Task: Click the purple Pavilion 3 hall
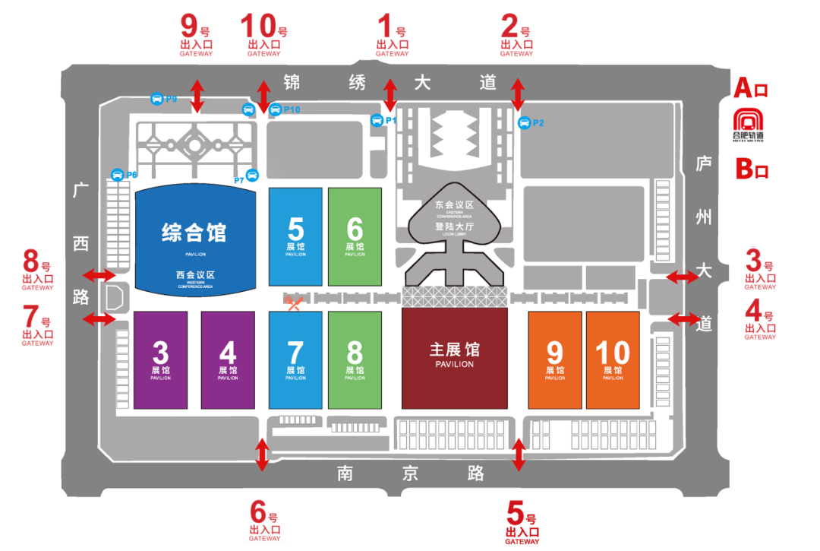click(x=160, y=359)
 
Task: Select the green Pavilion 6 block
click(x=355, y=235)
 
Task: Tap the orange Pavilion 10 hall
click(x=613, y=359)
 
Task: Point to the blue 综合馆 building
click(x=195, y=239)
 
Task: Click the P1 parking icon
click(x=377, y=120)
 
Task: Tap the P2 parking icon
click(x=523, y=122)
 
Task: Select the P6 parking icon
click(x=118, y=175)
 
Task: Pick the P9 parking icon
click(x=156, y=99)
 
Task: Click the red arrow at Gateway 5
click(x=519, y=455)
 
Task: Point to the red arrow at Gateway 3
click(x=683, y=277)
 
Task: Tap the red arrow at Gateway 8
click(x=98, y=274)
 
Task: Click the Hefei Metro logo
click(x=749, y=125)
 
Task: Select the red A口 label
click(x=751, y=88)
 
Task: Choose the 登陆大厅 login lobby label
click(x=455, y=226)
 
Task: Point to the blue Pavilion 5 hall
click(x=295, y=235)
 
